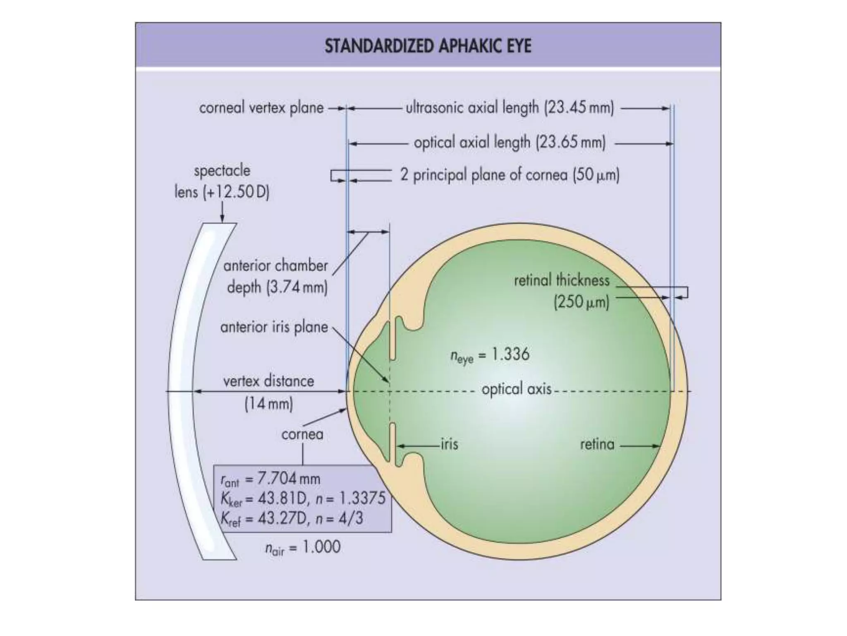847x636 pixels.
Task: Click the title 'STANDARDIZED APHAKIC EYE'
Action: [x=428, y=46]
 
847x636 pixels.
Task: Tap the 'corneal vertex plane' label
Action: [x=261, y=108]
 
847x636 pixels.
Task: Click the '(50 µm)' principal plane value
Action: [x=596, y=175]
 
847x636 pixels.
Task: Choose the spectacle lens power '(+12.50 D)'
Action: [x=236, y=193]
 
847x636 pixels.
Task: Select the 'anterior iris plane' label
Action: [x=274, y=328]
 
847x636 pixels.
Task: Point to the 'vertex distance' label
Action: [x=269, y=381]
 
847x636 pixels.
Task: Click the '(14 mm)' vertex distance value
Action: [x=269, y=403]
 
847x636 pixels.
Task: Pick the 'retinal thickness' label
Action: [x=562, y=281]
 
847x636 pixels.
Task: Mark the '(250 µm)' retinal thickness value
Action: [x=581, y=302]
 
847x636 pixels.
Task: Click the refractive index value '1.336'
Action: [x=510, y=354]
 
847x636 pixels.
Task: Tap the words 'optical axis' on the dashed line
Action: [x=517, y=389]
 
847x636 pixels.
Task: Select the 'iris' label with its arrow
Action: [x=449, y=444]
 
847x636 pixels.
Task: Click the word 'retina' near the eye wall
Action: [x=597, y=445]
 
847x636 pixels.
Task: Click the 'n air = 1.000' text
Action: [x=303, y=547]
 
